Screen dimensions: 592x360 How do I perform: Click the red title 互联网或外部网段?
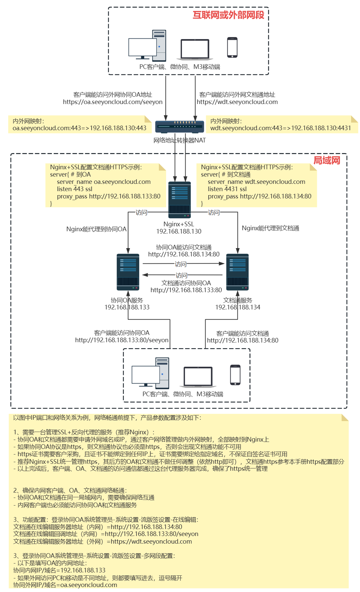coord(228,15)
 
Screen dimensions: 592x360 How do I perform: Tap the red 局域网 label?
coord(327,161)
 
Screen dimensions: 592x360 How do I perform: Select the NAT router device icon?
coord(180,127)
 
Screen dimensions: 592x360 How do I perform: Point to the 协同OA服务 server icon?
coord(128,272)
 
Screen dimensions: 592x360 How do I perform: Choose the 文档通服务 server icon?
coord(237,272)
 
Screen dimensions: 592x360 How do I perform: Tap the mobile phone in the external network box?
coord(232,47)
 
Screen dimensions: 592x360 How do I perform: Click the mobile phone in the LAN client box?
coord(235,375)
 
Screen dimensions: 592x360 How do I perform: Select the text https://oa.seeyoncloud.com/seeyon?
coord(113,102)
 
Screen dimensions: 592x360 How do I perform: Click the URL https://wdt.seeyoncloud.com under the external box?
coord(237,102)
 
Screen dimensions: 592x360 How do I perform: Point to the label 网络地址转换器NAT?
coord(180,140)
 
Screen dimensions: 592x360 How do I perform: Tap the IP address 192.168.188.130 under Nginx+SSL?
coord(179,232)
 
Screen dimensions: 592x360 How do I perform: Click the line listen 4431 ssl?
coord(227,189)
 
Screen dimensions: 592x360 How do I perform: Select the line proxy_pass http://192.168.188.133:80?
coord(109,196)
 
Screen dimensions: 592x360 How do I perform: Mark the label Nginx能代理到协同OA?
coord(96,229)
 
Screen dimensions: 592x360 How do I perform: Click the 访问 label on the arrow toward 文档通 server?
coord(181,264)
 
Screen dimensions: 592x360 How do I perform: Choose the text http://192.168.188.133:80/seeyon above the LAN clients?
coord(122,340)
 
